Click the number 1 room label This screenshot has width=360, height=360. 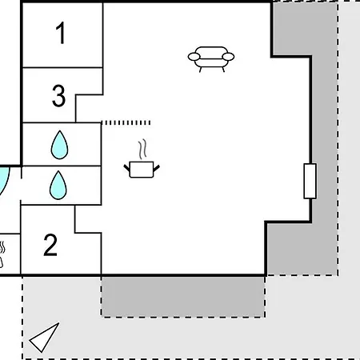coord(61,33)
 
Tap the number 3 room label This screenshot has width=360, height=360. coord(58,96)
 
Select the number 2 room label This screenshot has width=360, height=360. coord(50,245)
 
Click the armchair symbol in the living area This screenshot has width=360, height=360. coord(211,59)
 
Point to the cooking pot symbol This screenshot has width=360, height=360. coord(142,169)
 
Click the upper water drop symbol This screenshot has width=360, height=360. coord(59,145)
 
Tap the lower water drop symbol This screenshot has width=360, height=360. coord(58,185)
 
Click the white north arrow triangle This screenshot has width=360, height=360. coord(44,338)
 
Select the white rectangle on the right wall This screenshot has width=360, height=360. coord(310,181)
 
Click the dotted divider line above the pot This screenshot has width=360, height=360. coord(126,122)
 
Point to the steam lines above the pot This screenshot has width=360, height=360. coord(142,149)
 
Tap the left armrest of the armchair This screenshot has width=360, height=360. coord(194,57)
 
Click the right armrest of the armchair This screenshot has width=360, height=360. coord(228,57)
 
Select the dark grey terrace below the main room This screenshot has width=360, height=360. coord(183,297)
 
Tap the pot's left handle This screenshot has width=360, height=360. coord(126,168)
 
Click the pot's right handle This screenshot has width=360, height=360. coord(157,168)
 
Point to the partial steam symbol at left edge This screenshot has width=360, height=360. coord(2,254)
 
